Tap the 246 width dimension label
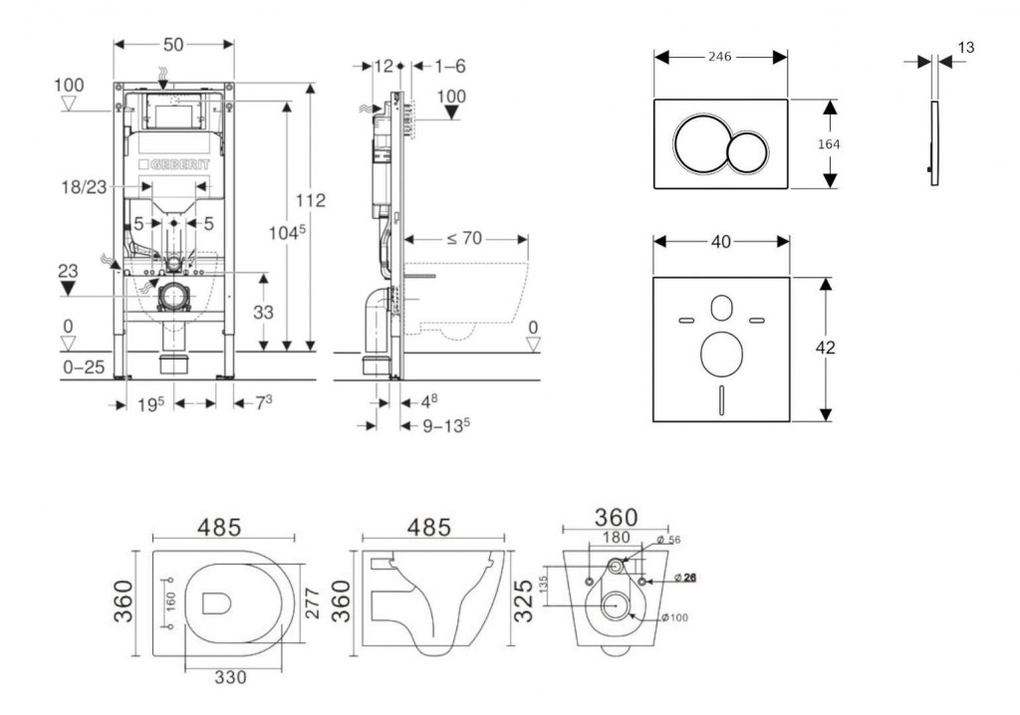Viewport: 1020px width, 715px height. click(x=719, y=57)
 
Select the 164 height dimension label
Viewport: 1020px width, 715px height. click(x=828, y=143)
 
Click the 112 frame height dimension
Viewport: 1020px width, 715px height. click(x=311, y=200)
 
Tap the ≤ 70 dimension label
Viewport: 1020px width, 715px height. click(x=464, y=239)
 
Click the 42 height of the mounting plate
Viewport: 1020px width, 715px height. click(x=827, y=348)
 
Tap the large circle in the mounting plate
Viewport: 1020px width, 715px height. click(x=722, y=354)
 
